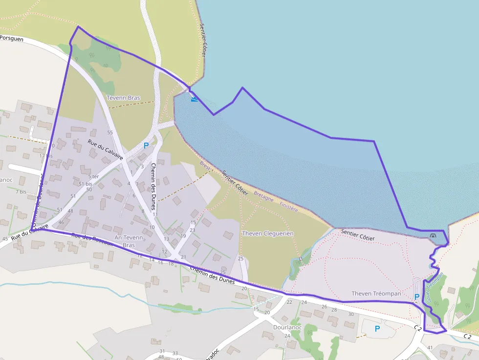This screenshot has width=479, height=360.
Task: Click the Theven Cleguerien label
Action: coord(268,233)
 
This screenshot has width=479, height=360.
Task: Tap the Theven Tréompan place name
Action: coord(376,294)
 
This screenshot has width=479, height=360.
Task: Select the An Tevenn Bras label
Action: coord(128,241)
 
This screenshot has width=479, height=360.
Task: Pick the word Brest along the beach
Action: coord(206,166)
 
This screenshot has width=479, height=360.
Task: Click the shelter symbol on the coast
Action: coord(433,236)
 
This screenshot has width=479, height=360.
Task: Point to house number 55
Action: coord(110,132)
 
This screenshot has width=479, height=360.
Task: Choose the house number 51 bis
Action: coord(86,183)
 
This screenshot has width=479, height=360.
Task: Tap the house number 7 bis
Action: coord(21,191)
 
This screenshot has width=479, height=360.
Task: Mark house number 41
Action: coord(430,347)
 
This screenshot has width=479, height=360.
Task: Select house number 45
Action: coord(5,239)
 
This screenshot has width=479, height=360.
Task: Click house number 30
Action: coord(350,314)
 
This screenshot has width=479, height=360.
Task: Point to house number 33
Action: coord(174,353)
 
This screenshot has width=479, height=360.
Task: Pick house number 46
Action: coord(61,222)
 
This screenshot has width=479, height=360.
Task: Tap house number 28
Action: coord(337,310)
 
